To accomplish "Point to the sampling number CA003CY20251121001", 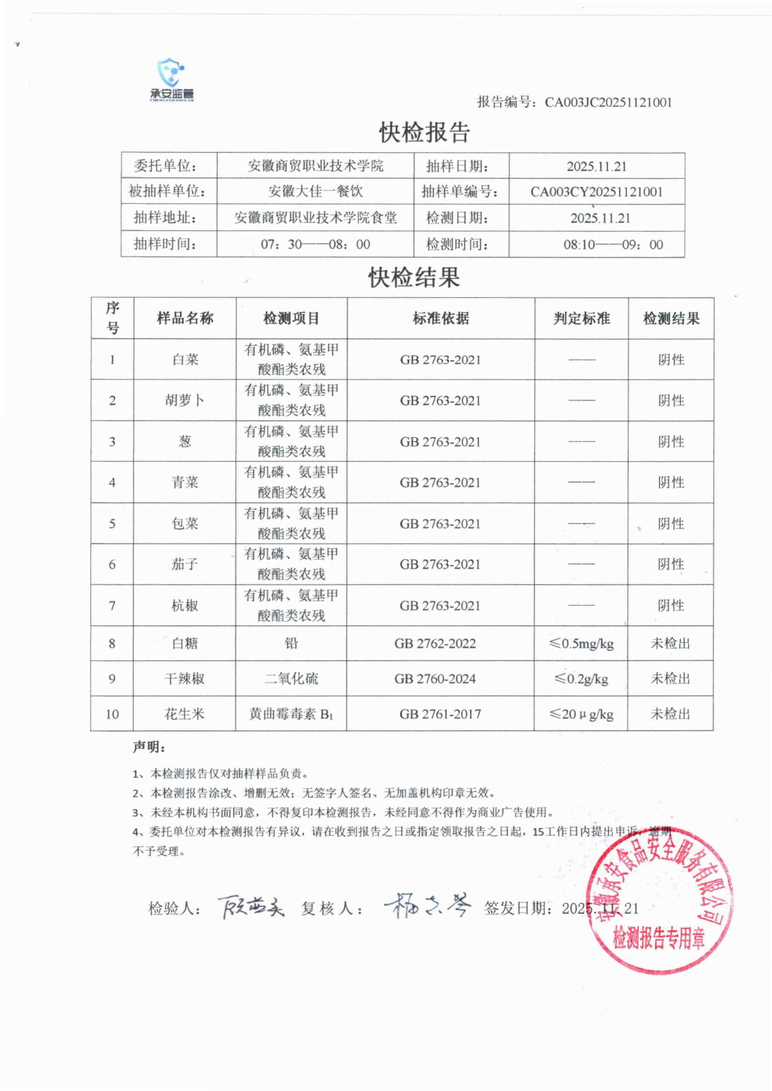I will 597,192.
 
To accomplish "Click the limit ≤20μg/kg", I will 581,714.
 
